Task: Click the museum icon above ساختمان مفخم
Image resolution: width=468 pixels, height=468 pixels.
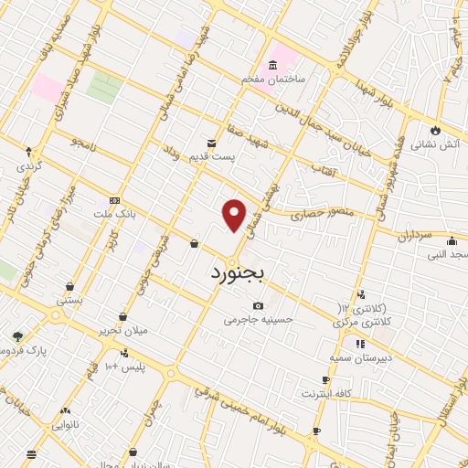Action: pos(272,64)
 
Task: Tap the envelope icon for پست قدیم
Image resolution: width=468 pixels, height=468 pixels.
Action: pos(212,143)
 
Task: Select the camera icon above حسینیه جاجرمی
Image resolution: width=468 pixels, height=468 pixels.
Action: pos(259,305)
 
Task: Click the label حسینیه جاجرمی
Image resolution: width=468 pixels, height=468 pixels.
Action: pos(250,321)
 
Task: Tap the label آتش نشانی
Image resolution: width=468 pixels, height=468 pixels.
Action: pos(440,144)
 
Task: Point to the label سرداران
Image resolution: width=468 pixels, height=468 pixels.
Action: pos(412,236)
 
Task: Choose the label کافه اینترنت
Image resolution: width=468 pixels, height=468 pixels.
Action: pos(327,392)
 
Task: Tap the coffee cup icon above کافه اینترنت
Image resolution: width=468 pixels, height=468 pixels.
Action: pos(325,378)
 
